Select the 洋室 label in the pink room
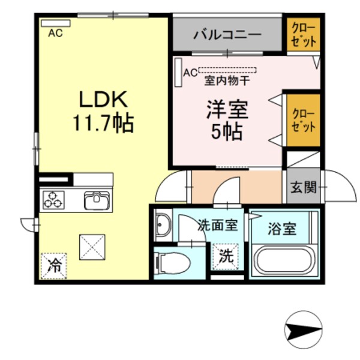[x=226, y=110]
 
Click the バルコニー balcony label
[x=227, y=35]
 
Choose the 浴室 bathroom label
[x=281, y=229]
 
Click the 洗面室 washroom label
[x=218, y=226]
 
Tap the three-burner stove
[x=52, y=199]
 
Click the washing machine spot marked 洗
[x=226, y=257]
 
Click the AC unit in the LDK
[x=55, y=23]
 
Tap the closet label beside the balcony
[x=303, y=34]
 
